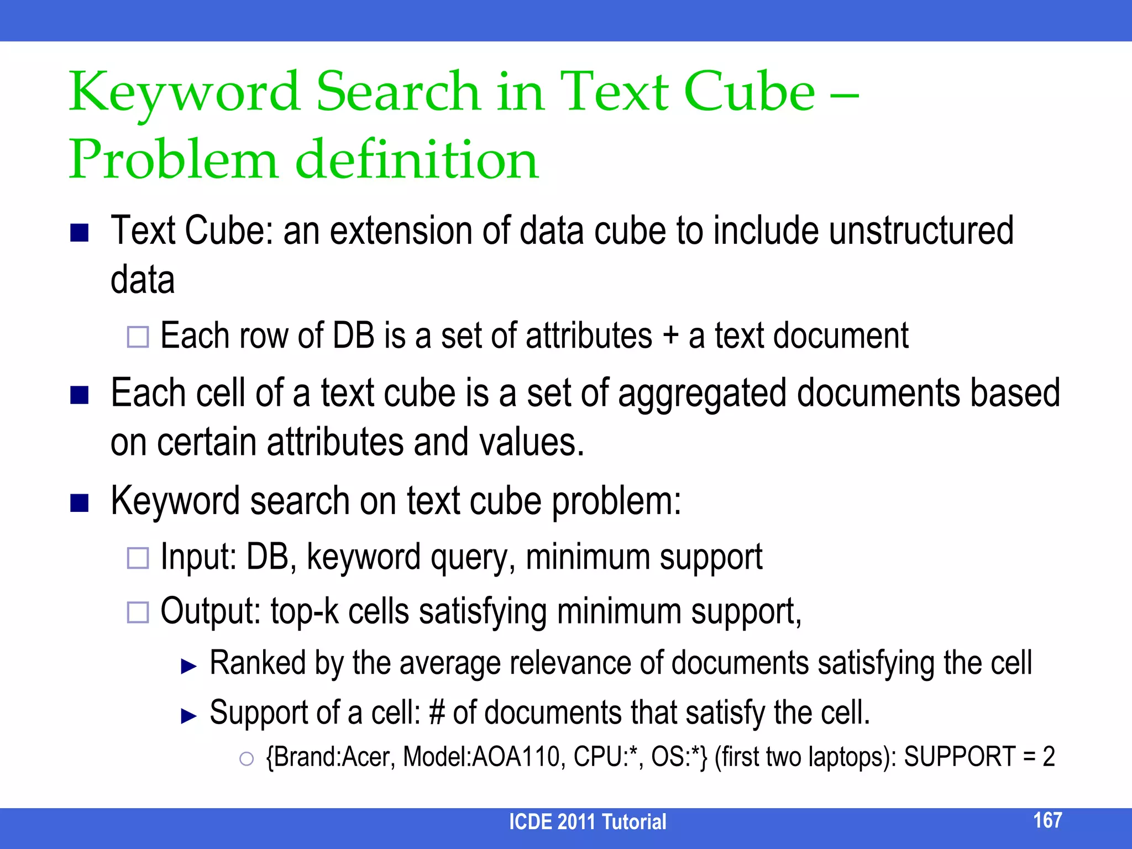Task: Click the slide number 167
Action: [1047, 820]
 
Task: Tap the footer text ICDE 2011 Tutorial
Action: [587, 822]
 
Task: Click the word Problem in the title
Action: [172, 160]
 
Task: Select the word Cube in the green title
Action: [749, 92]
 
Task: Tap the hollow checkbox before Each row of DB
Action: [138, 337]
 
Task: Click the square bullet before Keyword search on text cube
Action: [80, 503]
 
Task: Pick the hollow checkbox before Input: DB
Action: [138, 558]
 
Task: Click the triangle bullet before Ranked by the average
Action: [189, 666]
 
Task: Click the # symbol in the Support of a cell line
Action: [437, 712]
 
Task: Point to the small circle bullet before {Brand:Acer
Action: [246, 759]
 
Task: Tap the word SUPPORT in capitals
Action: [960, 757]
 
